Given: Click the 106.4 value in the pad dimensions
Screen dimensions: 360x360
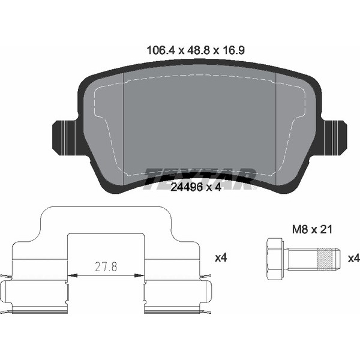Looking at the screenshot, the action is click(161, 50).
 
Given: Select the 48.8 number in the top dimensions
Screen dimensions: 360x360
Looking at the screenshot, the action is click(199, 50).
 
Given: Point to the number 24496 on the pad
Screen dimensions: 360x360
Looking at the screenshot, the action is click(187, 187).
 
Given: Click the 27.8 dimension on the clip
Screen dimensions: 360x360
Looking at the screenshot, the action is click(106, 267).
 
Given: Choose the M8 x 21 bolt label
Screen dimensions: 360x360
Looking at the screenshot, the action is click(312, 229).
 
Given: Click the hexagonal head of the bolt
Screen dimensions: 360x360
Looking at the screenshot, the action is click(274, 259).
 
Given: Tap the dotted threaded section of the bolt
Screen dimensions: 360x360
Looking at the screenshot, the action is click(325, 259).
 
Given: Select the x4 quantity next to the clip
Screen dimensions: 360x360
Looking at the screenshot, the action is click(221, 258).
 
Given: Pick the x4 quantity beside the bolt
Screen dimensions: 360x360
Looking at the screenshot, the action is click(354, 259).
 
